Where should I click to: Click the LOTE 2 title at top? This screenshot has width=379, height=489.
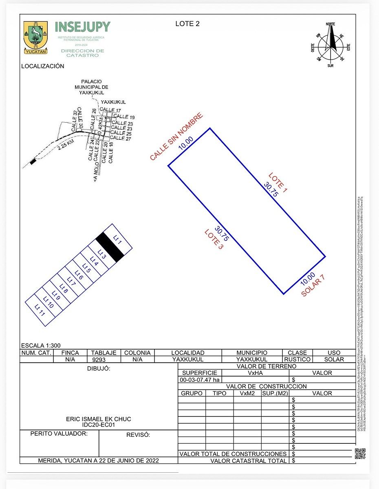(187, 24)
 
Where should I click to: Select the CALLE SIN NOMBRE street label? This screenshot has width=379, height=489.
(176, 137)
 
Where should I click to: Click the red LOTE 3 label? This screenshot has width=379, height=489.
(214, 240)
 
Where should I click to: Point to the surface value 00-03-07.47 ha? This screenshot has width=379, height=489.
(200, 380)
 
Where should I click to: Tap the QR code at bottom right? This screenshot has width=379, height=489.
(360, 454)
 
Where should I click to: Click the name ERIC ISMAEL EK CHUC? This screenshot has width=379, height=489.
(99, 419)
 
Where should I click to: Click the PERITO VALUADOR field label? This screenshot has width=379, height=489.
(59, 434)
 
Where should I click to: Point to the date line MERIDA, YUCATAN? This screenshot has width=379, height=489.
(99, 460)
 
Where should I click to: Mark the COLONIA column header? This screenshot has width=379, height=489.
(137, 352)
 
